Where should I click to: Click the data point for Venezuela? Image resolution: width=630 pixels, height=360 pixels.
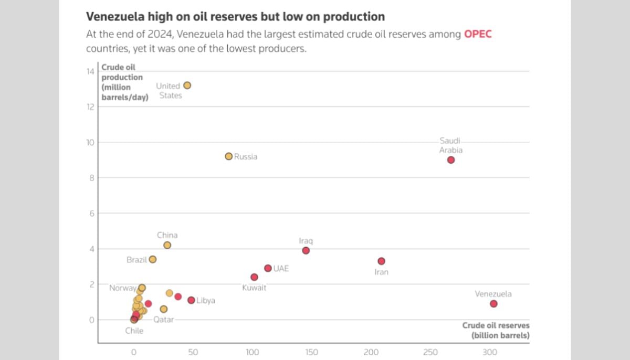click(x=493, y=304)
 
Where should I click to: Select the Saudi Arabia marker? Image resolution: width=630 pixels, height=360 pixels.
click(x=451, y=160)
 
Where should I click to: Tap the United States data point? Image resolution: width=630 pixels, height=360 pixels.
click(x=187, y=86)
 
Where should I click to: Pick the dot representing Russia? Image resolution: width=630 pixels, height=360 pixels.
click(x=228, y=156)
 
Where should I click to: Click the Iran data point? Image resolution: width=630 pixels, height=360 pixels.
click(x=381, y=261)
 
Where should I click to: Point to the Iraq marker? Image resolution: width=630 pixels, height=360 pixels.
click(x=306, y=251)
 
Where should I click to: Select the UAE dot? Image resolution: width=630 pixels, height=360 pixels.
click(x=268, y=268)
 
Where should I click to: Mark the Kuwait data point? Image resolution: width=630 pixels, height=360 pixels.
click(x=254, y=277)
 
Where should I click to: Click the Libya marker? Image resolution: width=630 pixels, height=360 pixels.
click(x=191, y=300)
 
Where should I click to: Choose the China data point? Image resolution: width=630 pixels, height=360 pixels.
click(x=167, y=245)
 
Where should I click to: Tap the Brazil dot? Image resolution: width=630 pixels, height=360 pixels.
click(x=152, y=259)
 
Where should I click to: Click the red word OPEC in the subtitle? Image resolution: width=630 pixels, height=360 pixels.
click(x=478, y=35)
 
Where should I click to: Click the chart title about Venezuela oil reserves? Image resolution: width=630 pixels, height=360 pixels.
click(x=235, y=17)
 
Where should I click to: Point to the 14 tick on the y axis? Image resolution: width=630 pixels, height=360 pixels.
click(x=90, y=71)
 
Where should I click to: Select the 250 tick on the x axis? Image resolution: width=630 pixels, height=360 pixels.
click(x=430, y=352)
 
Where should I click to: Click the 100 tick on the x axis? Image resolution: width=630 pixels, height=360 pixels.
click(x=253, y=352)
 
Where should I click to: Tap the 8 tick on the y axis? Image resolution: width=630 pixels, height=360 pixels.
click(x=91, y=178)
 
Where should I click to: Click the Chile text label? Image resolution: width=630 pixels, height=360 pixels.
click(x=134, y=331)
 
